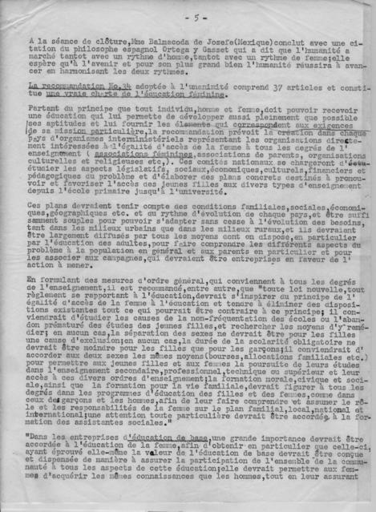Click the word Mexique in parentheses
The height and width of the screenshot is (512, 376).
point(220,43)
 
